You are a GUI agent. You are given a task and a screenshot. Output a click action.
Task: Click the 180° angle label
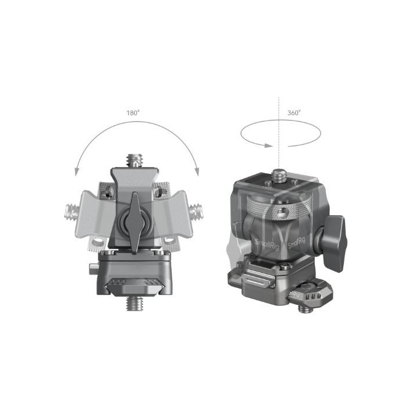pyautogui.click(x=133, y=112)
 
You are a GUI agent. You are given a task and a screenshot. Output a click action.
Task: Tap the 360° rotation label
pyautogui.click(x=294, y=112)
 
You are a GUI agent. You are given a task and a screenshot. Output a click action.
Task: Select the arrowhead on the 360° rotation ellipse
pyautogui.click(x=267, y=145)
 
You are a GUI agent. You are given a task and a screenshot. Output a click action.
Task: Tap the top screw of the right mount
pyautogui.click(x=279, y=173)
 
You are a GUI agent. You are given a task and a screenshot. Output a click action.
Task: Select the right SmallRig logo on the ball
pyautogui.click(x=296, y=240)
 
